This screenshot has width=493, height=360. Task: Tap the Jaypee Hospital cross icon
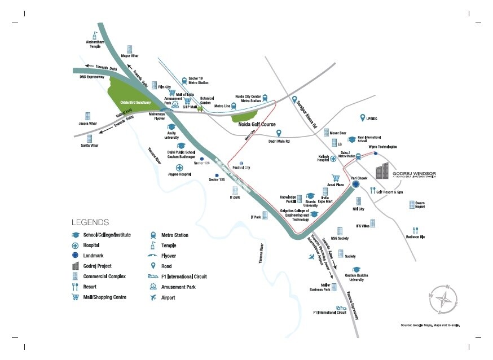coord(179,168)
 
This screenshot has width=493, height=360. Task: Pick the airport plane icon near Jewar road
coord(311,257)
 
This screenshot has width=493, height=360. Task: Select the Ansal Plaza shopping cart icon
coord(336,177)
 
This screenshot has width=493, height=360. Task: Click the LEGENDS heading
coord(90,222)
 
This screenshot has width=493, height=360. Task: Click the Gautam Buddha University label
coord(358,277)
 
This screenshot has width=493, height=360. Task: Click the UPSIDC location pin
coord(363,117)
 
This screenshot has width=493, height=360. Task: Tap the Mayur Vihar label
coord(130,56)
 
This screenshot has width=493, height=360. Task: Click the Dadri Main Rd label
coord(279,141)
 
